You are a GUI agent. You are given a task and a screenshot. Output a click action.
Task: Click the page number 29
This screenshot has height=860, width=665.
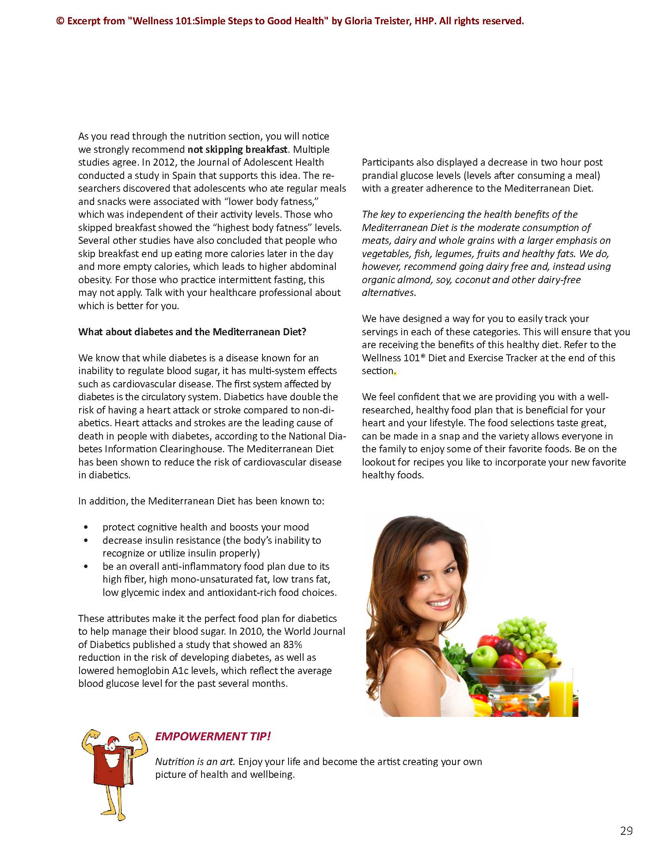pos(626,830)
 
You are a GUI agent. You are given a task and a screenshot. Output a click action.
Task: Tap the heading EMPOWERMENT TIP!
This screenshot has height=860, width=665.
pos(213,736)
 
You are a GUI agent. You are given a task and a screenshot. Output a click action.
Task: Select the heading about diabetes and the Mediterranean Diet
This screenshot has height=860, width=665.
pos(192,332)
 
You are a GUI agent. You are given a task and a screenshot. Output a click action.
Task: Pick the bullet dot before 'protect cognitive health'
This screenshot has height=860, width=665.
pos(85,527)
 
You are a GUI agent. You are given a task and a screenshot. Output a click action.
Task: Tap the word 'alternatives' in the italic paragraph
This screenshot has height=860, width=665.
pos(388,292)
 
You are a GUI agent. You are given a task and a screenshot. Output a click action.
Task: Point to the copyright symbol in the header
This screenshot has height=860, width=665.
pos(60,21)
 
